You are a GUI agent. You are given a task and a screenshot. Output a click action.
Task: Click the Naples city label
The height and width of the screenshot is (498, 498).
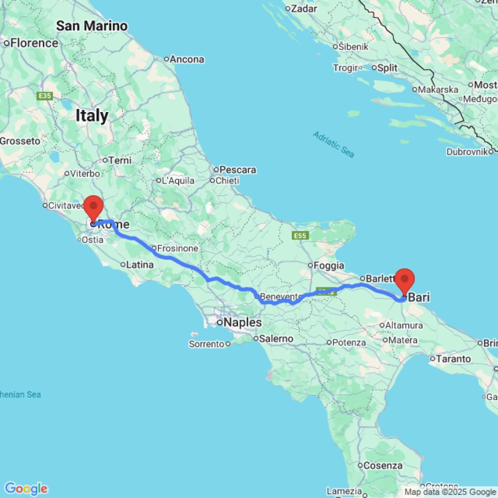coord(243,323)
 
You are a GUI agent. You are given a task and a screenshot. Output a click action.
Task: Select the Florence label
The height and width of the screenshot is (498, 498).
coord(34,43)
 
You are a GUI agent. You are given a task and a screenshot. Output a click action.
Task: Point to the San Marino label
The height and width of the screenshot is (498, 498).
coord(92,26)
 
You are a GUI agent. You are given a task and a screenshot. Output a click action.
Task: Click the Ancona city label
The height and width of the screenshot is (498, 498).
coord(187,60)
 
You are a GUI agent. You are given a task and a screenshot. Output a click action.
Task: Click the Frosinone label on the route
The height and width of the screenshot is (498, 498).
coord(178,249)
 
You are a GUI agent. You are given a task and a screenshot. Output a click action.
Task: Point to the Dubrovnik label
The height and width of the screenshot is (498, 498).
coord(466,152)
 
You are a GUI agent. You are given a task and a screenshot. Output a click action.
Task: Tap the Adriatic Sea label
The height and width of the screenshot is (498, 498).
coord(334,144)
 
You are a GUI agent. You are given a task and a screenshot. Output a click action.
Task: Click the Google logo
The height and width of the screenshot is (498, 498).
coord(26,489)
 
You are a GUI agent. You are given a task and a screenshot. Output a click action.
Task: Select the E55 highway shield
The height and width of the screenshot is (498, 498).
coord(300,235)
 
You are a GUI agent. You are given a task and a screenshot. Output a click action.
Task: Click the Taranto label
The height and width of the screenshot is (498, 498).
coord(453,359)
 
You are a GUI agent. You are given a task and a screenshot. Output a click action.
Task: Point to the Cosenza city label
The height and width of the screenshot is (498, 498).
coord(382,466)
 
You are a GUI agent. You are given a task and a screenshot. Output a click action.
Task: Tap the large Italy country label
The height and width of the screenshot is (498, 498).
coord(92,116)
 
